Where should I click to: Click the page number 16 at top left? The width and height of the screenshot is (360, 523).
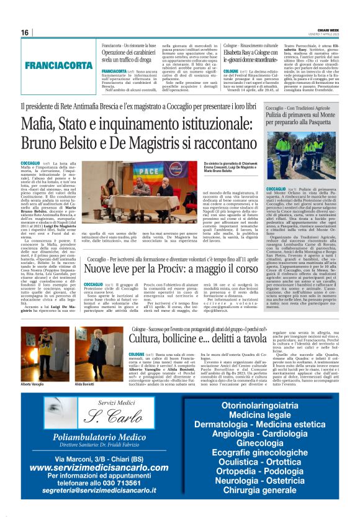[25, 32]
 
